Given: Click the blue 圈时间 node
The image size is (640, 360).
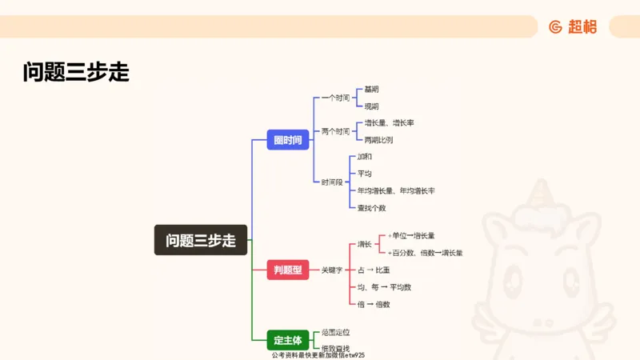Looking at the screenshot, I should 288,140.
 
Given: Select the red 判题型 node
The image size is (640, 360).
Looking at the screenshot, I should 288,270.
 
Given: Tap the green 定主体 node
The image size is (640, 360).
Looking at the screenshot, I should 287,339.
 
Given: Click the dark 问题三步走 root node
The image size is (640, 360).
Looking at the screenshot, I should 201,240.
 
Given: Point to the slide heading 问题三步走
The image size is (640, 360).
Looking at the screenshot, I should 76,73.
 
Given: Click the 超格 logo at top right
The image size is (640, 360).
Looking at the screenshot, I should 573,26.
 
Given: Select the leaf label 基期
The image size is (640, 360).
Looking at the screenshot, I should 371,89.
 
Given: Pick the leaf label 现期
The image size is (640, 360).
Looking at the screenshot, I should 371,106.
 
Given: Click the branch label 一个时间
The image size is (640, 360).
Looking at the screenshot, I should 335,98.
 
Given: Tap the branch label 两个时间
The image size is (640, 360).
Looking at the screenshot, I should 335,131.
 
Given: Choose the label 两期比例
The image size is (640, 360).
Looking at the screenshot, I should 378,139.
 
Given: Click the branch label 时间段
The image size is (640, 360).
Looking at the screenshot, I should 332,182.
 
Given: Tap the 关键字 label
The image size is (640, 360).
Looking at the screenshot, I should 331,270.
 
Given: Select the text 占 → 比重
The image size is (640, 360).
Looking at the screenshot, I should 374,270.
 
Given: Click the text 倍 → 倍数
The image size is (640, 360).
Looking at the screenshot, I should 374,304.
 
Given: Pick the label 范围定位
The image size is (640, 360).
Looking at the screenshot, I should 335,331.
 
